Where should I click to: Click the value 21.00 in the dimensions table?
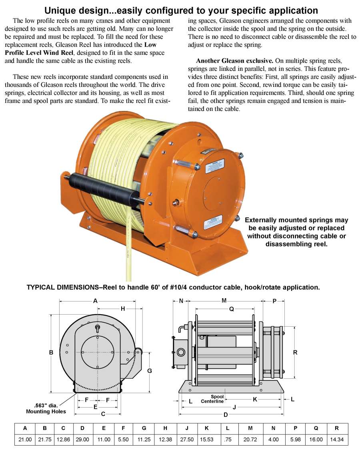coord(25,439)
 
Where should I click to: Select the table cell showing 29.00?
coord(82,439)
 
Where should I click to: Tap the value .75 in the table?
coord(227,439)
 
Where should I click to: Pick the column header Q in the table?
coord(316,428)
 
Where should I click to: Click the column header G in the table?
coord(144,428)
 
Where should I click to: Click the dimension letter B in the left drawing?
coord(51,352)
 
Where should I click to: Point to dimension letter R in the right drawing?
coord(295,352)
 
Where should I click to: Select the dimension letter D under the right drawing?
coord(226,414)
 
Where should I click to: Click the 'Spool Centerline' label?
coord(212,399)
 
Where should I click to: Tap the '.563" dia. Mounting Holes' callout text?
coord(46,408)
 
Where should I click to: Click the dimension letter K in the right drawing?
coord(255,399)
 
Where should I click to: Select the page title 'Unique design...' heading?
coord(181,10)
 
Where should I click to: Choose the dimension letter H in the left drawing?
coord(123,308)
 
